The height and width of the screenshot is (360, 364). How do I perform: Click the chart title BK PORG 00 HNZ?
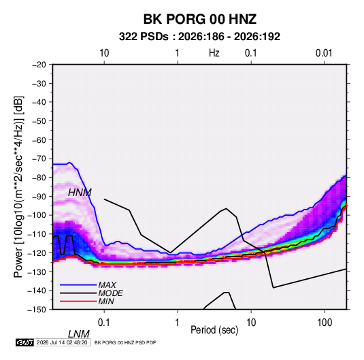pos(199,19)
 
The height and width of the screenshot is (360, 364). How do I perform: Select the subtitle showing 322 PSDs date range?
pos(199,37)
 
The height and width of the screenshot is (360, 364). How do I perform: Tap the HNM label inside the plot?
pos(80,193)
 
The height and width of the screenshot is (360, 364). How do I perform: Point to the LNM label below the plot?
pos(79,334)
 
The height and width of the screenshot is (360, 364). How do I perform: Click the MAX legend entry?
pos(107,284)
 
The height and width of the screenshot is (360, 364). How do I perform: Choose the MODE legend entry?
pos(110,293)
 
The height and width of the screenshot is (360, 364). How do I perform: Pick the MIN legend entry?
pos(106,301)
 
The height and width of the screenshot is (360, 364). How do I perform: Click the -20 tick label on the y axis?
pos(39,65)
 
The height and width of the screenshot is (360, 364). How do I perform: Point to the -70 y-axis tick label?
pos(39,159)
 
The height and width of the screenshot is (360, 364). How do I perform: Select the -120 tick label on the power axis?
pos(37,253)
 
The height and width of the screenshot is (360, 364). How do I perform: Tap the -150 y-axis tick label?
pos(37,310)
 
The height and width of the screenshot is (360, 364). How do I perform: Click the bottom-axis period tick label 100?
pos(325,323)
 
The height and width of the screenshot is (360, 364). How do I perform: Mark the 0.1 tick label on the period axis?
pos(103,323)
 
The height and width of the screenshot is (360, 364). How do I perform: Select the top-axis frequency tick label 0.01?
pos(324,53)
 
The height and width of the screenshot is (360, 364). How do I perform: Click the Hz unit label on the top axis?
pos(214,53)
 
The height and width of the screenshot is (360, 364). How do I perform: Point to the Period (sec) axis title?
pos(214,330)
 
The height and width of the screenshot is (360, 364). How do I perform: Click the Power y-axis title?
pos(19,187)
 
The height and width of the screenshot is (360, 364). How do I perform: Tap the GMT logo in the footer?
pos(24,342)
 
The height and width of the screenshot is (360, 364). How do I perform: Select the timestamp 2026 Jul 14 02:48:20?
pos(62,342)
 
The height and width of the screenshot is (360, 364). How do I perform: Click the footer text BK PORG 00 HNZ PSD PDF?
pos(125,342)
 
